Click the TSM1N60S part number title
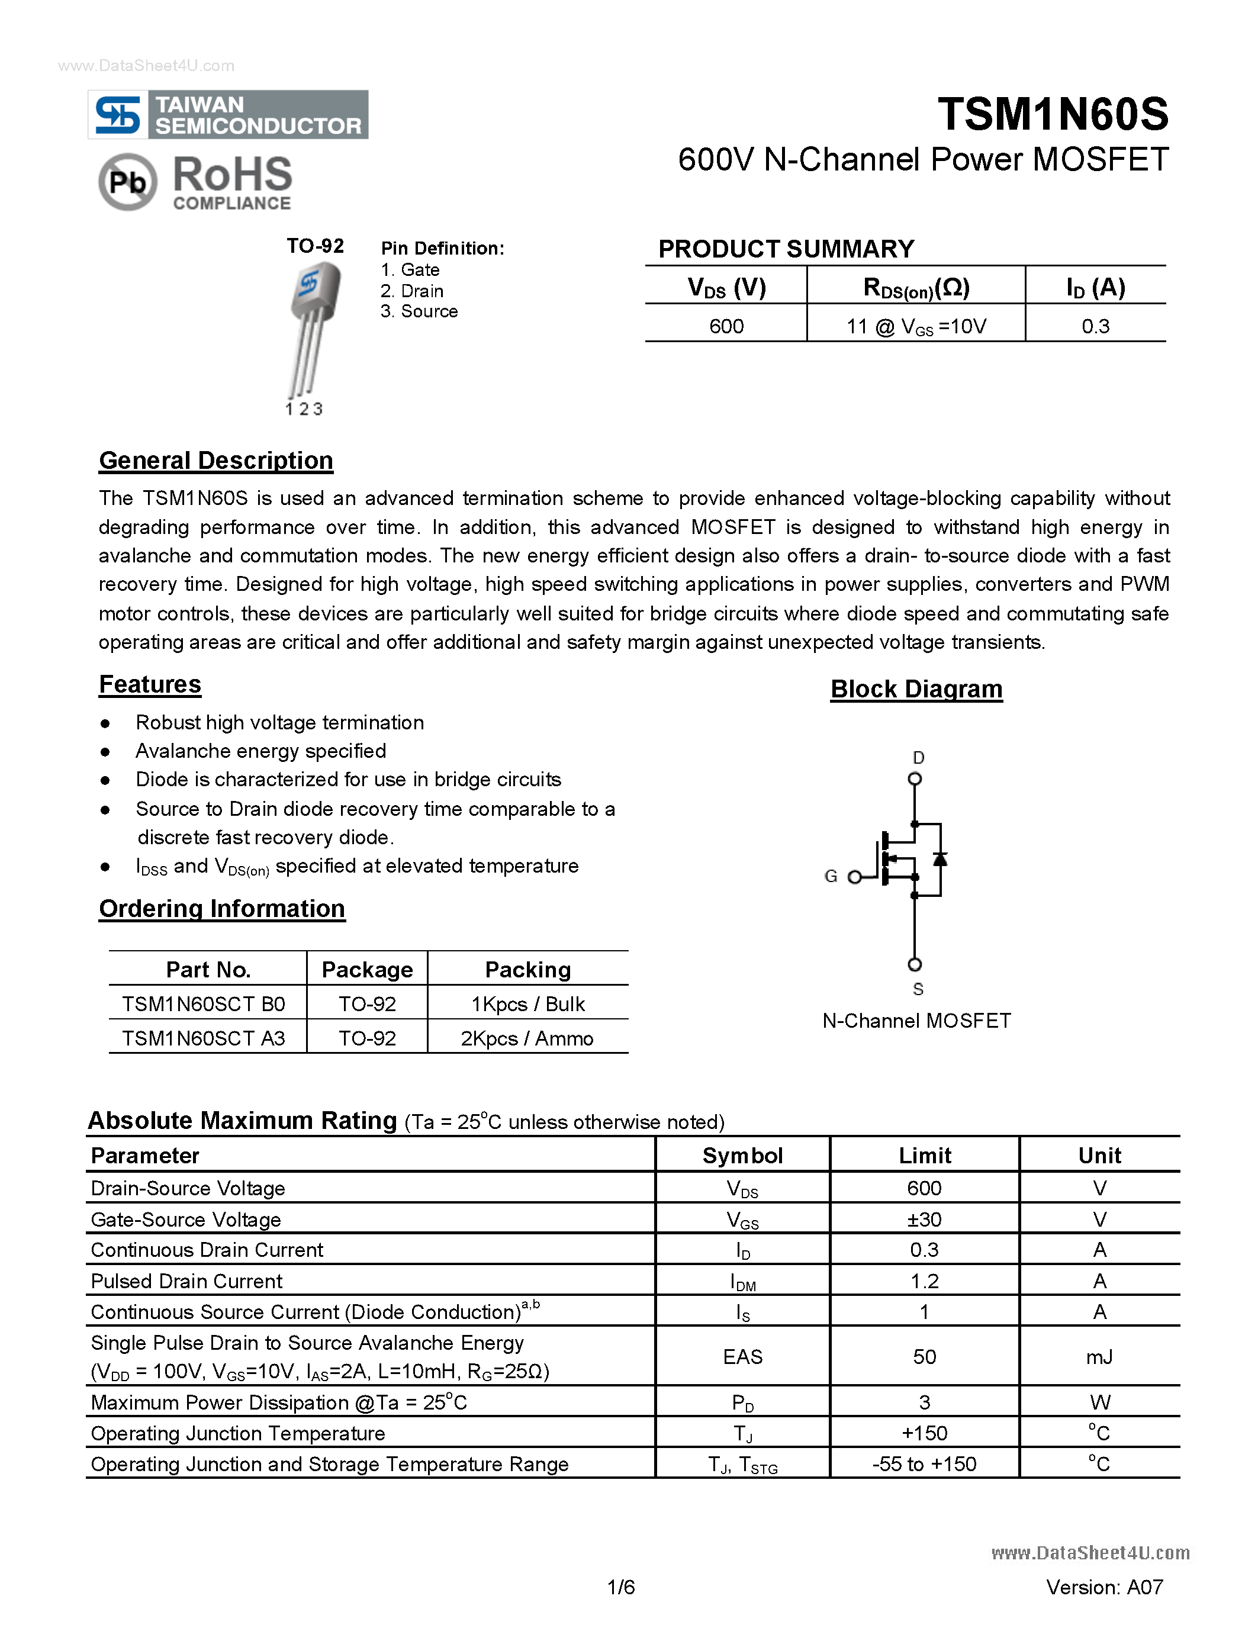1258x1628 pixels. point(1053,115)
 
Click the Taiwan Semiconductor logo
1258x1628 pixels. point(228,115)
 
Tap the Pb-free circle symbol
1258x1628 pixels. point(127,182)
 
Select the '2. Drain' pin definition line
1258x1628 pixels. point(412,291)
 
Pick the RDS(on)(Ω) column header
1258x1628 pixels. point(916,287)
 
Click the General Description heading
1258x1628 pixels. point(216,461)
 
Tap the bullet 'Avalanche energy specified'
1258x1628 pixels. point(261,751)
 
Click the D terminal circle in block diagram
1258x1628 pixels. point(915,779)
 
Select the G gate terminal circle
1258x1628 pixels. point(855,877)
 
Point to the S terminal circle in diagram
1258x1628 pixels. point(915,964)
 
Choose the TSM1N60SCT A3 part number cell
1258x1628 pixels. point(204,1038)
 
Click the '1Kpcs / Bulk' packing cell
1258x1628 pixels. point(527,1004)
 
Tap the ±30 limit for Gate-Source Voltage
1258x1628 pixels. point(924,1220)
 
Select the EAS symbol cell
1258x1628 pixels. point(742,1357)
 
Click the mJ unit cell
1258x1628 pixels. point(1099,1357)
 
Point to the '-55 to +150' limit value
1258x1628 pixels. point(924,1464)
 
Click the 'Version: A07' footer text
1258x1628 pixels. point(1105,1587)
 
